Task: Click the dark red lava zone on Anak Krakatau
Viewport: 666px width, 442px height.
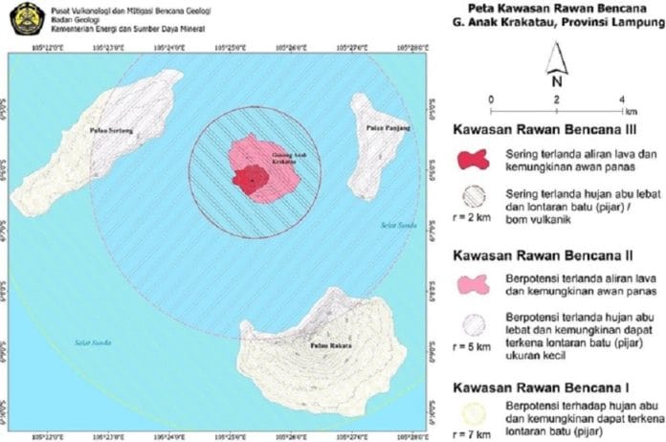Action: coord(251,180)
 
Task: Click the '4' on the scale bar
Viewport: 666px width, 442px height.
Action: coord(622,99)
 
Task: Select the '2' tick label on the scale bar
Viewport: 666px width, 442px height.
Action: coord(556,99)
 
